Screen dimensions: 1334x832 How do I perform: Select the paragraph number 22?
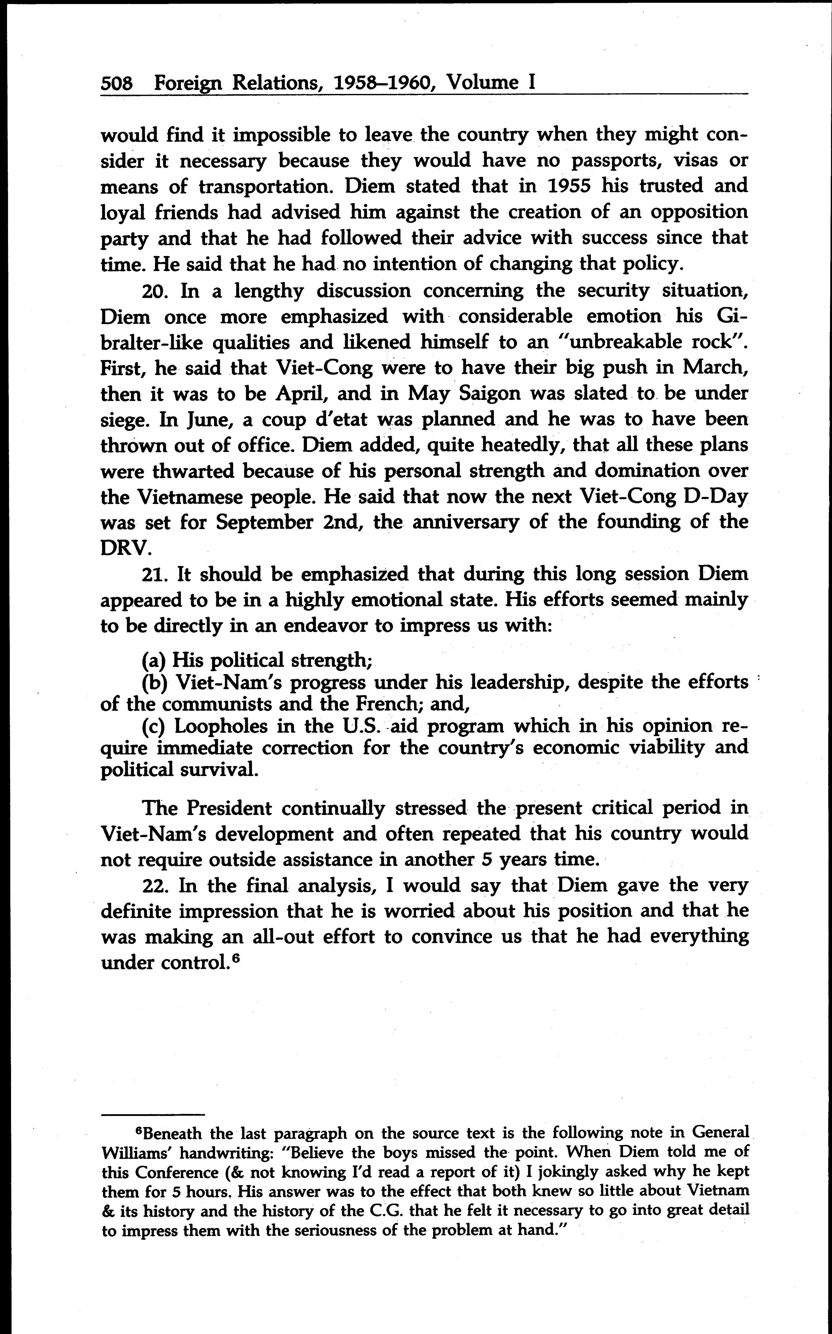click(x=155, y=886)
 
